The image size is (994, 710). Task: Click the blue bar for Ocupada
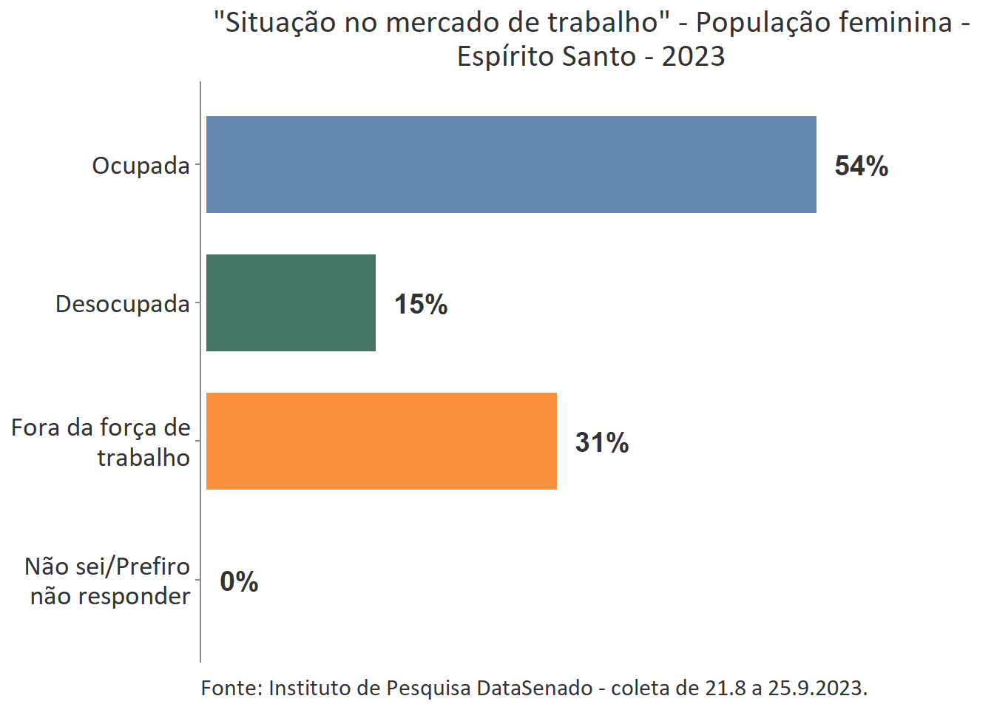click(x=511, y=164)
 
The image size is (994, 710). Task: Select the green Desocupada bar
click(x=291, y=302)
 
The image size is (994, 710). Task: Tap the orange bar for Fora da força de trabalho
click(x=381, y=441)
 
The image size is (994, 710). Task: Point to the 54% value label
click(x=861, y=166)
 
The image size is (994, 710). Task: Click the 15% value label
click(x=420, y=304)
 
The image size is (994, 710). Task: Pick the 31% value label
click(x=601, y=442)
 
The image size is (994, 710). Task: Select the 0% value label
click(x=239, y=581)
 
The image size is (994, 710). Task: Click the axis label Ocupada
click(x=141, y=166)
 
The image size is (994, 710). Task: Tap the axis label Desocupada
click(x=123, y=304)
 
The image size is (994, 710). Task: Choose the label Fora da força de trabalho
click(x=101, y=442)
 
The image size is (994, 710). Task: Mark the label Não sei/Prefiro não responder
click(x=109, y=581)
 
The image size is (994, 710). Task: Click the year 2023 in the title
click(x=693, y=57)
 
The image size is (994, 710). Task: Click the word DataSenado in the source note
click(x=534, y=688)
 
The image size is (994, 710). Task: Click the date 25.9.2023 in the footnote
click(x=816, y=688)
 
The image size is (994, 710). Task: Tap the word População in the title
click(x=750, y=23)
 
